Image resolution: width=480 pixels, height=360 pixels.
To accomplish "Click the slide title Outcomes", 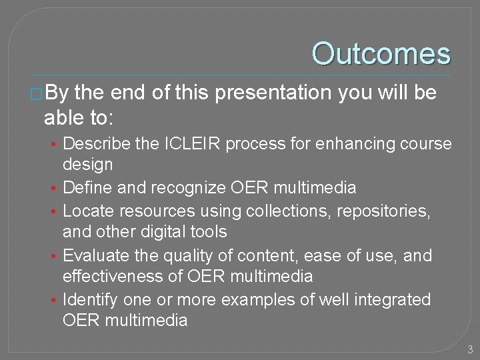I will [x=381, y=54].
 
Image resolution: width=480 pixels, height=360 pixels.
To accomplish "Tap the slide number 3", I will [x=470, y=349].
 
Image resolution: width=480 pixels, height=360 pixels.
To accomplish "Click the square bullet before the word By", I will [x=37, y=94].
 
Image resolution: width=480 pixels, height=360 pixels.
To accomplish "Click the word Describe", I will [x=93, y=144].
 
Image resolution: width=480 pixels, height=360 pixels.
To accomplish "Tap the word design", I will [x=87, y=164].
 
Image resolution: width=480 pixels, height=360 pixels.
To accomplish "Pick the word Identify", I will [x=89, y=300].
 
